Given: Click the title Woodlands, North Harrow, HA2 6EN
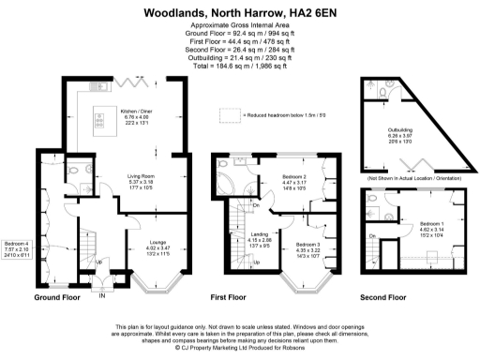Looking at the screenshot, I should click(239, 13).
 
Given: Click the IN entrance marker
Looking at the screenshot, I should click(102, 297).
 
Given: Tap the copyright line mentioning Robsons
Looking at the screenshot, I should click(239, 346).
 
